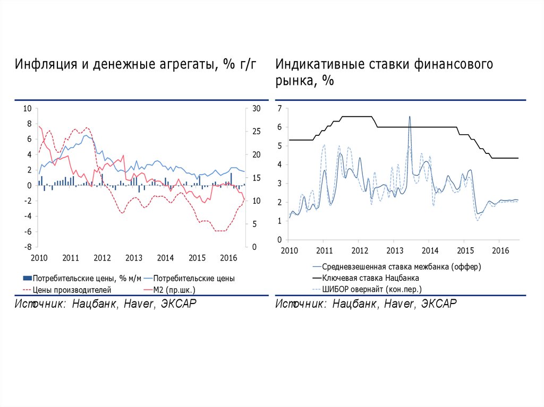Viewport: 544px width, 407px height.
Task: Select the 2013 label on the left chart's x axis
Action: pos(134,258)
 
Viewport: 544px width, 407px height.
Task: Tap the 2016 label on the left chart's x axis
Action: pos(228,258)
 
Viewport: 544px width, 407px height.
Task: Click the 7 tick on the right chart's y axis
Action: pos(279,109)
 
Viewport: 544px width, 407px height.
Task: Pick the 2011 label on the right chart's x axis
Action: pos(324,250)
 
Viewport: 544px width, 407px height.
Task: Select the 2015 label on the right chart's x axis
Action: pos(465,250)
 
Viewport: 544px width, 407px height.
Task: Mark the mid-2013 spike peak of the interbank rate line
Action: pos(410,117)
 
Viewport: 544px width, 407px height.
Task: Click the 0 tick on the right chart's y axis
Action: pos(279,240)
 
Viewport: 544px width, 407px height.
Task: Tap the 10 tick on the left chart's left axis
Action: pos(27,109)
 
